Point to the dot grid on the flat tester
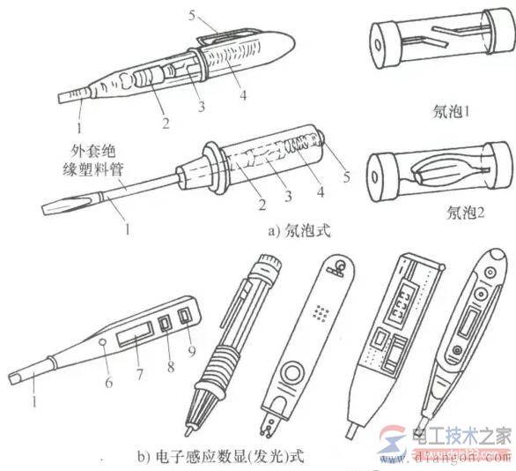(319, 312)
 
